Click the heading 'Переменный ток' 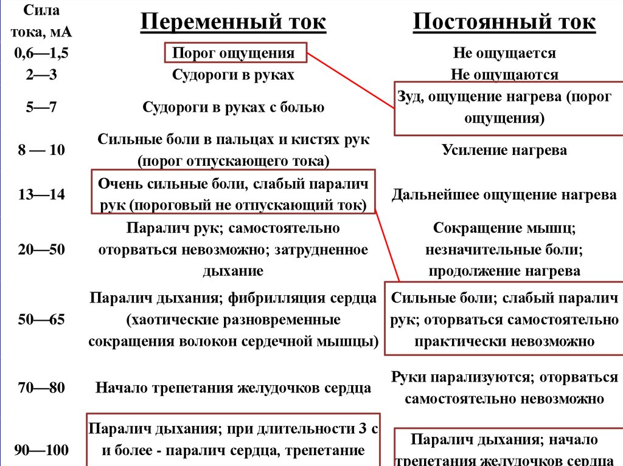pyautogui.click(x=234, y=22)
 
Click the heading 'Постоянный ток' pyautogui.click(x=504, y=22)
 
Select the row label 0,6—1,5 pyautogui.click(x=41, y=53)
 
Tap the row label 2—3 pyautogui.click(x=41, y=75)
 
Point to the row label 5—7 pyautogui.click(x=41, y=108)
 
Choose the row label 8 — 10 pyautogui.click(x=41, y=150)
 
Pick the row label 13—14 pyautogui.click(x=41, y=194)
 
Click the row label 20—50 pyautogui.click(x=41, y=249)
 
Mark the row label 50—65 pyautogui.click(x=41, y=320)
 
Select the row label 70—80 pyautogui.click(x=41, y=388)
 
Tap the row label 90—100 pyautogui.click(x=41, y=450)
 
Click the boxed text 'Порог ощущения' pyautogui.click(x=234, y=53)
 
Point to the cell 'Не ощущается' pyautogui.click(x=504, y=53)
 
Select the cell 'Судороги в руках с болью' pyautogui.click(x=234, y=108)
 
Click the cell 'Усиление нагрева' pyautogui.click(x=504, y=150)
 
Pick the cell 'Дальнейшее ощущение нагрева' pyautogui.click(x=504, y=195)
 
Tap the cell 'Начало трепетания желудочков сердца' pyautogui.click(x=234, y=388)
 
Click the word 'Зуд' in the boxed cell pyautogui.click(x=409, y=97)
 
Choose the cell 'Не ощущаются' pyautogui.click(x=504, y=75)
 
